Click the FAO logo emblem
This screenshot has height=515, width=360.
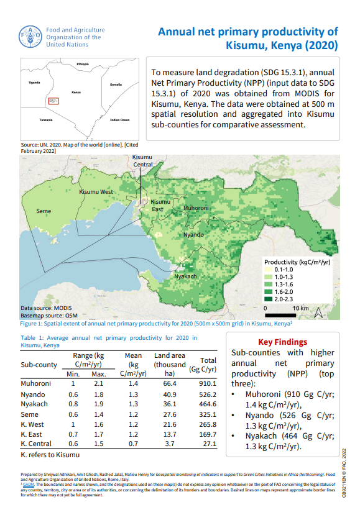coord(31,37)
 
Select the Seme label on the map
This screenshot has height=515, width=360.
coord(44,212)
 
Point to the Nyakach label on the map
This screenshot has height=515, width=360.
coord(186,276)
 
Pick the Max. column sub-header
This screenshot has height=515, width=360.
coord(98,374)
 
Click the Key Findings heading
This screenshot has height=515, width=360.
coord(282,342)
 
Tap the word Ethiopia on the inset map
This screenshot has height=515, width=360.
coord(83,64)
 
